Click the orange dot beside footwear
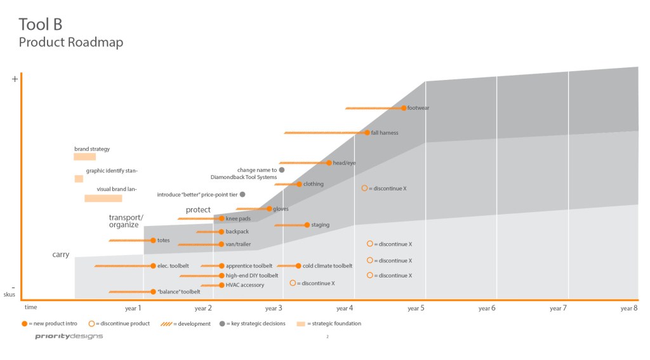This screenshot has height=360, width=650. [404, 108]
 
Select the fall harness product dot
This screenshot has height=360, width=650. [367, 133]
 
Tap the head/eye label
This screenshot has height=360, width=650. [344, 163]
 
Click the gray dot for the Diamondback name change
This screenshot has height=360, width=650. [281, 170]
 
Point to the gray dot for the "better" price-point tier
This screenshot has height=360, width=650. [242, 194]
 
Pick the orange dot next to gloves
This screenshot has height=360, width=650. [269, 209]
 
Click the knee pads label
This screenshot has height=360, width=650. [238, 219]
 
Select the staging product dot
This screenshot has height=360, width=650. [307, 225]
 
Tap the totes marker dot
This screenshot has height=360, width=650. [153, 241]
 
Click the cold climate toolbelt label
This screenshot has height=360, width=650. [327, 266]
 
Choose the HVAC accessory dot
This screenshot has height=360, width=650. [221, 285]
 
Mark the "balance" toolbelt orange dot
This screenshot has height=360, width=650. [153, 292]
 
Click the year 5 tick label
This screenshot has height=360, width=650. [415, 309]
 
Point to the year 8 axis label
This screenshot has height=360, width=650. [628, 309]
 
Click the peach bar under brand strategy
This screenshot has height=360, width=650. [84, 157]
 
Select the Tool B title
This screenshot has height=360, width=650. [40, 24]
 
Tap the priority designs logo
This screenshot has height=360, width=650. [69, 337]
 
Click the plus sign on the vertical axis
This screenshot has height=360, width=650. [15, 79]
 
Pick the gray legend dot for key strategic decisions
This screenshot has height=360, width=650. [222, 324]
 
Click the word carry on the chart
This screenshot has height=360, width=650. [61, 255]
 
